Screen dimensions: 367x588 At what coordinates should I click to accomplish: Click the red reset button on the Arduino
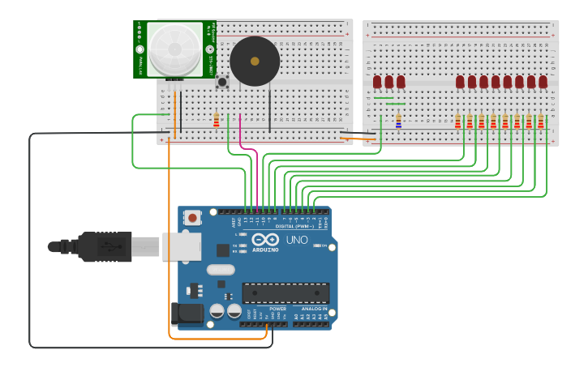192,217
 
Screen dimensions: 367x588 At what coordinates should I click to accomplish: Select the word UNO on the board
297,240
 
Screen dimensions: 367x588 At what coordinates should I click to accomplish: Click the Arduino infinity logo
266,239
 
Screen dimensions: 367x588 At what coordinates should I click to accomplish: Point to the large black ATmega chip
285,292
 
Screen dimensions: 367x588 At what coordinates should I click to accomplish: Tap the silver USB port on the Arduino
181,246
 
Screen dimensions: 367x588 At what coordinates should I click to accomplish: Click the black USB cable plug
105,246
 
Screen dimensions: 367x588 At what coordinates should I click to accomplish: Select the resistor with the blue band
398,120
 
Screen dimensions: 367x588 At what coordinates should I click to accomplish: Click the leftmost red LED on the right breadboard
377,82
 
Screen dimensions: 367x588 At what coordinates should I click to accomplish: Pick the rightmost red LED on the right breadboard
543,82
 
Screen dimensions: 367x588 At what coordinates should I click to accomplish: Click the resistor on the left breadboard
216,119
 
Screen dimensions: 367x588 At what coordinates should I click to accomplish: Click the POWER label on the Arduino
277,309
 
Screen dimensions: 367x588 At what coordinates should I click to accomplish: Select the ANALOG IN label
314,309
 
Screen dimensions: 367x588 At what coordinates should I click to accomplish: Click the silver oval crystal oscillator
220,270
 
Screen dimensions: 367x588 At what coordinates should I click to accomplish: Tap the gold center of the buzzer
255,61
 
